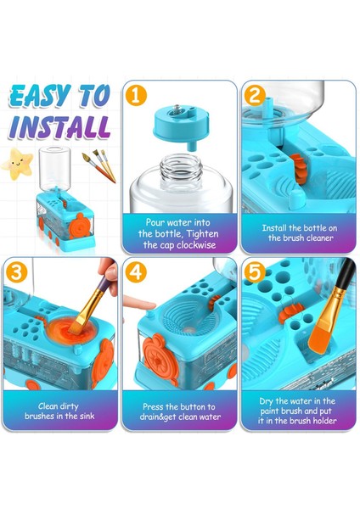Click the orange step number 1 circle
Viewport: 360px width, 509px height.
[x=136, y=95]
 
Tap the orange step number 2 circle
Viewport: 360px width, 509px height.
[x=255, y=95]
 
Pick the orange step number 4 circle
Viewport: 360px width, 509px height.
[x=136, y=272]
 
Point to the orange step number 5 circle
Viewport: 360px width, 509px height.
[x=255, y=272]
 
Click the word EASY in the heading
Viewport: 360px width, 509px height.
[x=40, y=96]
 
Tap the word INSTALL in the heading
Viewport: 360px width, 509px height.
[x=59, y=126]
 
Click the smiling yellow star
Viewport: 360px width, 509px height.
[x=18, y=164]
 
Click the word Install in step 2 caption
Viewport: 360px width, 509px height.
[x=274, y=228]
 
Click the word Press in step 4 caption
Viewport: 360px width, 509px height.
[x=153, y=406]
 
